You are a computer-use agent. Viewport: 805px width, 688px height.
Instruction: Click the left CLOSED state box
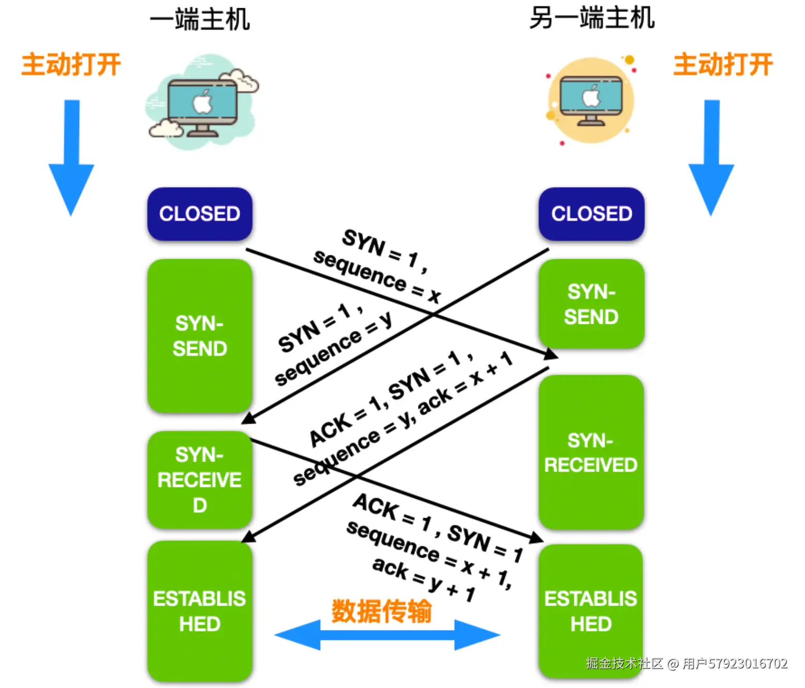[200, 214]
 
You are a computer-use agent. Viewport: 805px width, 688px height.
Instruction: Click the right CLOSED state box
[591, 214]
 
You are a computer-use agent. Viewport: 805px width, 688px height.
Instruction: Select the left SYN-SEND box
[200, 336]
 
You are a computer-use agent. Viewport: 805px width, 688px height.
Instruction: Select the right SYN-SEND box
[591, 304]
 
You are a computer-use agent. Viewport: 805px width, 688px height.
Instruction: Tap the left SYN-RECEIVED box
[200, 480]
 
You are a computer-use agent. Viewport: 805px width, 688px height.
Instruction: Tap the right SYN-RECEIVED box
[591, 452]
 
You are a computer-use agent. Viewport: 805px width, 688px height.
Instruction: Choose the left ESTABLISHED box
[200, 611]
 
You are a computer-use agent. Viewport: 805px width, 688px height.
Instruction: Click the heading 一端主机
[200, 20]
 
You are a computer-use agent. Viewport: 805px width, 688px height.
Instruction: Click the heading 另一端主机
[591, 18]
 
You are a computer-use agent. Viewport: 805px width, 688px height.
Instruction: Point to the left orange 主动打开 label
[71, 65]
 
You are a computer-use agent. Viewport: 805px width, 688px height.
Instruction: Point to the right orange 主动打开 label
[723, 65]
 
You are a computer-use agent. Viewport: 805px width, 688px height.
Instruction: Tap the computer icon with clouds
[202, 104]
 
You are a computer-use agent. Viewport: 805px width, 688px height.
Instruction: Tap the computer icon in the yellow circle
[591, 101]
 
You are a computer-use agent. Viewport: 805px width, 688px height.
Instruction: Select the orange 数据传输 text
[381, 611]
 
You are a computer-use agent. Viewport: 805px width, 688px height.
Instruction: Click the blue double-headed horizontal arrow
[387, 635]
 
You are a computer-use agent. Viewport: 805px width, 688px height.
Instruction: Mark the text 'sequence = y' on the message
[333, 349]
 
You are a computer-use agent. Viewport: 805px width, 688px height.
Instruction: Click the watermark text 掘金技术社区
[624, 663]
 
